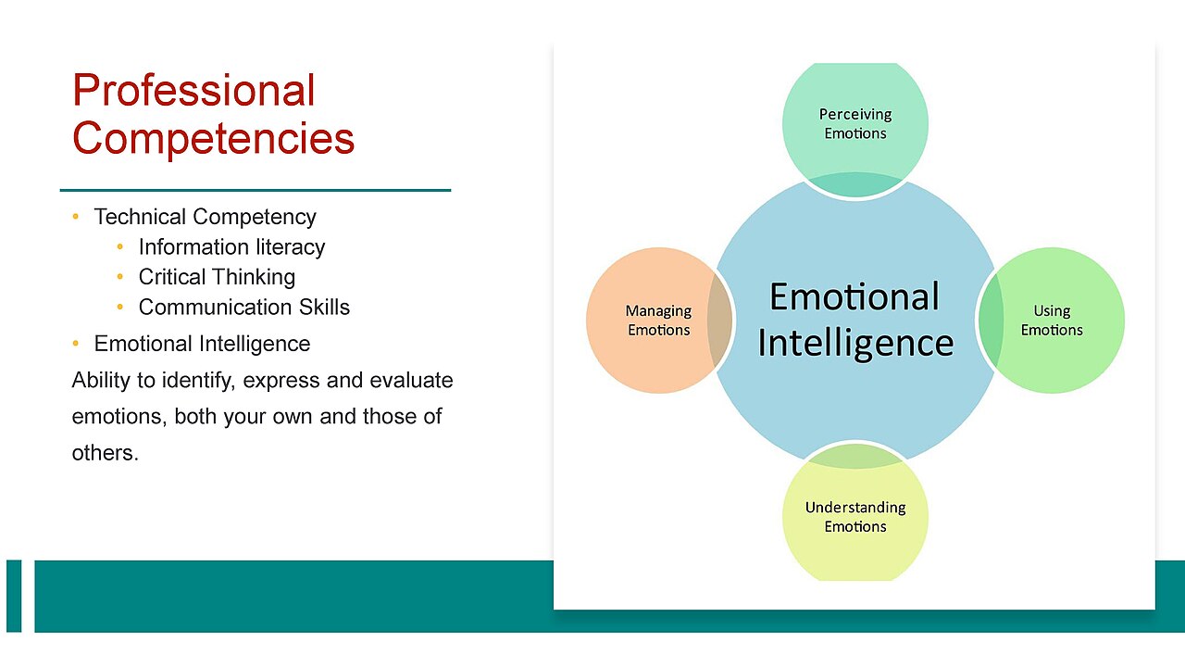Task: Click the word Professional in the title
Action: point(193,90)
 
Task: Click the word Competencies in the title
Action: point(213,139)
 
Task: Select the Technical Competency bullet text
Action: point(205,217)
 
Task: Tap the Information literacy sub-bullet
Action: point(231,247)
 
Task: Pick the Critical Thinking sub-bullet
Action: point(217,277)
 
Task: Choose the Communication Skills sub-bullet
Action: point(243,307)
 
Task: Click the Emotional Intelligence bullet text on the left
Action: point(202,344)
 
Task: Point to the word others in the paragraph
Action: point(106,453)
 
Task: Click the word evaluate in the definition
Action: point(411,380)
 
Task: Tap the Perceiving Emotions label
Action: point(855,124)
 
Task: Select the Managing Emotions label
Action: point(658,321)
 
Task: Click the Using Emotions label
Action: point(1052,321)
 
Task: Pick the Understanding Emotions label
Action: point(855,517)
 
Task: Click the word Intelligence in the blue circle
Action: point(855,344)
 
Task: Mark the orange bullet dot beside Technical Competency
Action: point(76,217)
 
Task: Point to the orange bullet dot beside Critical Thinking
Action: point(120,277)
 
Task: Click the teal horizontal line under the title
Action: point(256,190)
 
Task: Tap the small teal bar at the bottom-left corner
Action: point(14,596)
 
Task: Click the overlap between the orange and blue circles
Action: point(720,321)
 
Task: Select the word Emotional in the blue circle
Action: point(854,296)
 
